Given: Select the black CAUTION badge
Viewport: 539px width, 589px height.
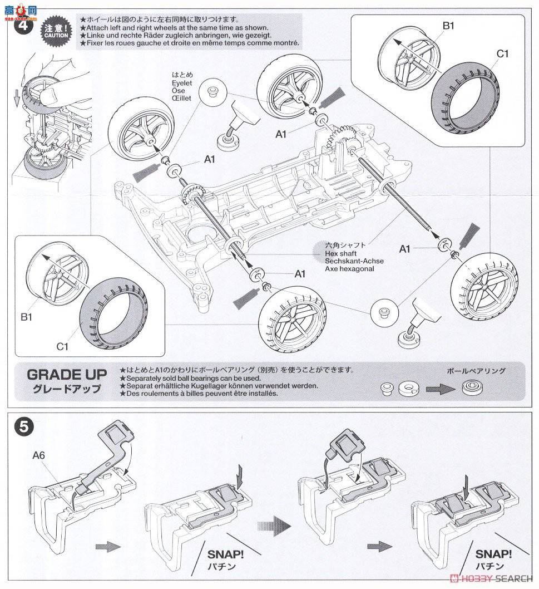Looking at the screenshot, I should pos(56,32).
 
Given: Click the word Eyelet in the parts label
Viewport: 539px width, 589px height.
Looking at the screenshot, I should pos(182,82).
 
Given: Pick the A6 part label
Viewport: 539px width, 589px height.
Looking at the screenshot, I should pos(39,454).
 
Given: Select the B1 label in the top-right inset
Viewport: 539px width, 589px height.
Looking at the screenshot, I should pos(448,26).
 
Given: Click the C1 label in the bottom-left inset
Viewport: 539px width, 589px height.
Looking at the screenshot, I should pos(62,346).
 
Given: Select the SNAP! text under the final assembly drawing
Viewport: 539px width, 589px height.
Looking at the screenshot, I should pos(493,554).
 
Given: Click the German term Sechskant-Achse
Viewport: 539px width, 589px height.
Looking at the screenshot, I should pos(354,261).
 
